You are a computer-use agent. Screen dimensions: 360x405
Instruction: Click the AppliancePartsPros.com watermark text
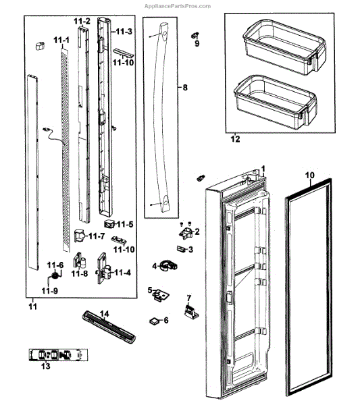point(177,6)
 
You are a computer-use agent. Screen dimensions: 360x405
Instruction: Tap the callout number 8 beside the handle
point(185,88)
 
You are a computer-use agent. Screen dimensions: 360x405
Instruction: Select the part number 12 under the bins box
point(235,139)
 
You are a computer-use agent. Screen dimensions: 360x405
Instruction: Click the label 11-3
point(124,32)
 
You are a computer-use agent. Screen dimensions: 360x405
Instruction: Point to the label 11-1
point(61,40)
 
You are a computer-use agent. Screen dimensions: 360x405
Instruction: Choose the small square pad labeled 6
point(155,321)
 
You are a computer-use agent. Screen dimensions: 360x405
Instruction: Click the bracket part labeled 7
point(191,312)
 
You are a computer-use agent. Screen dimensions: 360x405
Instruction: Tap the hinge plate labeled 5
point(161,295)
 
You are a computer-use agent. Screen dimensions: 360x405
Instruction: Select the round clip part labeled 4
point(168,266)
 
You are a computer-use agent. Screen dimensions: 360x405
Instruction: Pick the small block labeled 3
point(182,249)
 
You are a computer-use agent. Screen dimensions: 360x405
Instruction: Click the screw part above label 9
point(195,35)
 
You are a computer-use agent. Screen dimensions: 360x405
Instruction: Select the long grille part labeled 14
point(109,327)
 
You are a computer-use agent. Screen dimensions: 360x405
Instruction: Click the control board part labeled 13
point(58,354)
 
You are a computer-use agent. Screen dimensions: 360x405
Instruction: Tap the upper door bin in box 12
point(284,47)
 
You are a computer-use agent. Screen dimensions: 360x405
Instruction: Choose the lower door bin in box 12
point(275,102)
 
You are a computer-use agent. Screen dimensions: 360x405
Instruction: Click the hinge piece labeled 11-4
point(103,269)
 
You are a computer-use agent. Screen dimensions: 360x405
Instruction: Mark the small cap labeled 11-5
point(109,223)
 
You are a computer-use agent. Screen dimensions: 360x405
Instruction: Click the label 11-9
point(49,291)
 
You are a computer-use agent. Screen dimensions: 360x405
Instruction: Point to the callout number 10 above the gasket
point(310,175)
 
